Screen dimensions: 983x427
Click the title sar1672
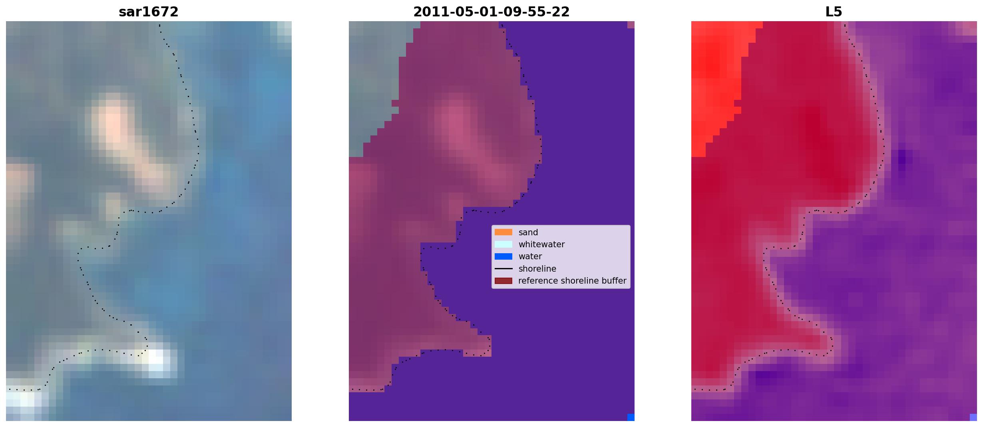(x=148, y=12)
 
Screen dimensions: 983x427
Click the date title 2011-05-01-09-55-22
(x=491, y=12)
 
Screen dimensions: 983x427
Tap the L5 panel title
(x=834, y=12)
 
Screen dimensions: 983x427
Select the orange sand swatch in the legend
(x=503, y=232)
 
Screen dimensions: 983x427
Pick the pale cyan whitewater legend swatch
(x=503, y=244)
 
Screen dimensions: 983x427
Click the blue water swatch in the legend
(x=503, y=256)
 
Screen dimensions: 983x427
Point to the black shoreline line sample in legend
(x=503, y=268)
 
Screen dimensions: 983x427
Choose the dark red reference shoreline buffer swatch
(x=503, y=281)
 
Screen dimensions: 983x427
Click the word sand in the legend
(x=528, y=232)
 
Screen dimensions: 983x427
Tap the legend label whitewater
(x=541, y=244)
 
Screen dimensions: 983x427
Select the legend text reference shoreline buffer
(x=572, y=281)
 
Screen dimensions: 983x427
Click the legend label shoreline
(x=537, y=269)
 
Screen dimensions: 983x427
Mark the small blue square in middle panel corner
(x=631, y=417)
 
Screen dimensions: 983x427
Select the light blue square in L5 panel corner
(x=973, y=417)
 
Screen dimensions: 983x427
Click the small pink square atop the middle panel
(x=631, y=25)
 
